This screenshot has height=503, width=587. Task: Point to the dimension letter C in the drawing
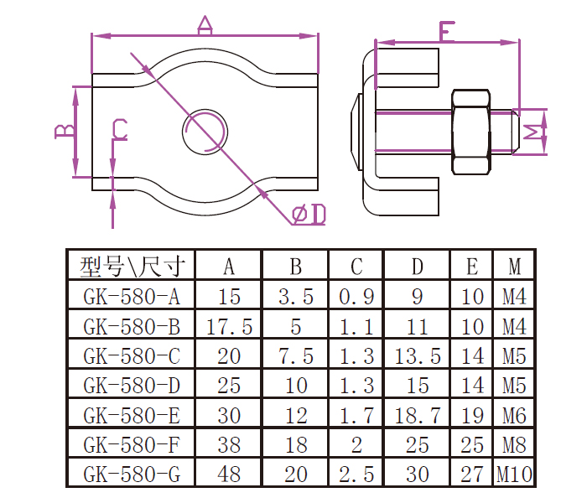(120, 129)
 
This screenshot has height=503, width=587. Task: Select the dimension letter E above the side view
(446, 33)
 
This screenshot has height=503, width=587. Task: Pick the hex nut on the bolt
(471, 132)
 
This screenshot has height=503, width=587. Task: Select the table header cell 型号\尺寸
(131, 267)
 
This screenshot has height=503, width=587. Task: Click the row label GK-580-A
(131, 296)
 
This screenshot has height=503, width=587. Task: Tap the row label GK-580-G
(131, 474)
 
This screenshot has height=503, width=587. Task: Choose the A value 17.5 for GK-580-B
(229, 326)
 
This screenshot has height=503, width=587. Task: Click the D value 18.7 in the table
(418, 415)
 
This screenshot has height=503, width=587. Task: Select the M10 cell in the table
(514, 474)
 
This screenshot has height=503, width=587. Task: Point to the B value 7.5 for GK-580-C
(295, 355)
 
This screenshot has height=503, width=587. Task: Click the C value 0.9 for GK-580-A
(356, 296)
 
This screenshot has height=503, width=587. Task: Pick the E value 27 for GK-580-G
(472, 474)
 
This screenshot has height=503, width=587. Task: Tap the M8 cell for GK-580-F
(514, 444)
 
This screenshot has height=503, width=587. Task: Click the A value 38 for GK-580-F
(229, 444)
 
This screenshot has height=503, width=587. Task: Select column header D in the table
(418, 267)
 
